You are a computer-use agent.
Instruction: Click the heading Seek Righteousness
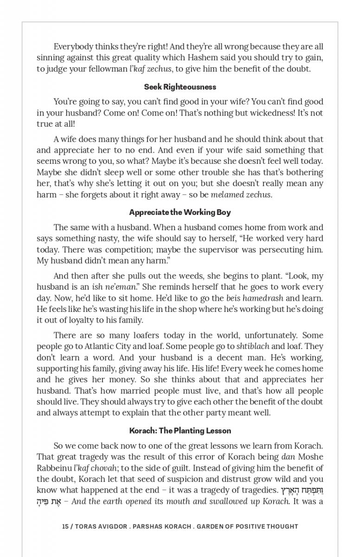pyautogui.click(x=180, y=87)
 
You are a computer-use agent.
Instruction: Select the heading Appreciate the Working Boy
pyautogui.click(x=180, y=212)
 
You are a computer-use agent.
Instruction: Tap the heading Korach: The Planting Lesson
pyautogui.click(x=180, y=430)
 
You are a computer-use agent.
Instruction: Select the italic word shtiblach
pyautogui.click(x=252, y=346)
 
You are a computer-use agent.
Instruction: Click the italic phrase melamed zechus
pyautogui.click(x=240, y=194)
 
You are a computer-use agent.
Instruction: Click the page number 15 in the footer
pyautogui.click(x=65, y=526)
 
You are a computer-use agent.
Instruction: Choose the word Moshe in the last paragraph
pyautogui.click(x=310, y=457)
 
